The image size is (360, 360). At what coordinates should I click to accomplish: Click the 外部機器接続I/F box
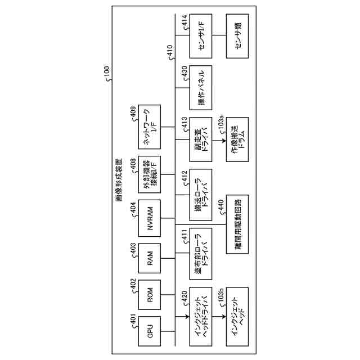point(150,174)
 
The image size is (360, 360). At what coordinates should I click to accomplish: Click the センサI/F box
point(201,37)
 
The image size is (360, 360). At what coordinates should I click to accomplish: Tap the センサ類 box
point(237,37)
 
